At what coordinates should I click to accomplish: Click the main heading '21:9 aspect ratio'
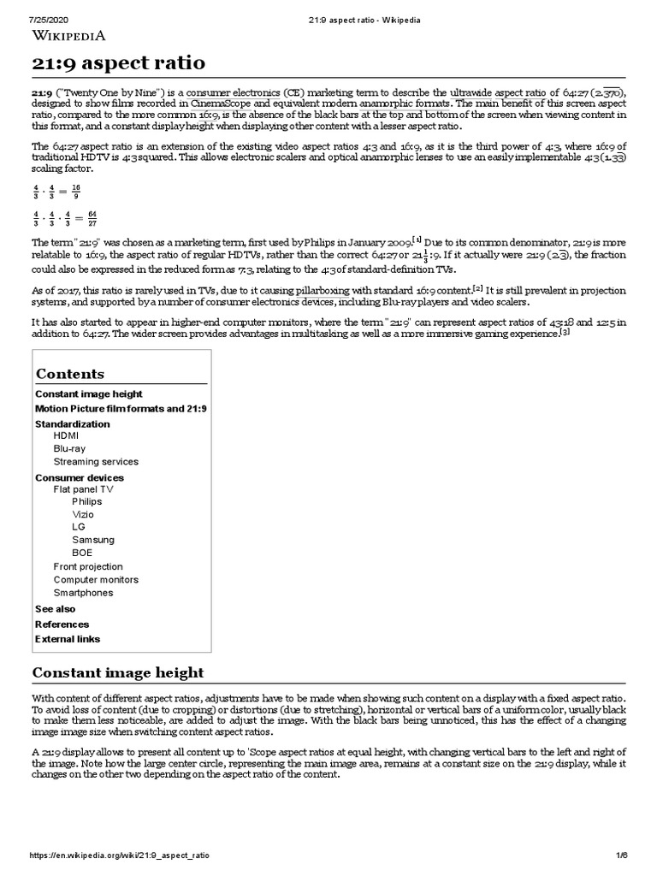[x=118, y=64]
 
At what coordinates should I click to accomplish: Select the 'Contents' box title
[x=69, y=374]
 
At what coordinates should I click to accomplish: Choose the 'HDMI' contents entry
[x=66, y=435]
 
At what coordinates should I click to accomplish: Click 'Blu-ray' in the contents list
[x=69, y=448]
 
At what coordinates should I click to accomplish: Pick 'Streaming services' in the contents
[x=95, y=461]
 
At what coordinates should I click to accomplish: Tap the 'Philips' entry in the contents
[x=86, y=501]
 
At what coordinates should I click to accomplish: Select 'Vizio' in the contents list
[x=83, y=514]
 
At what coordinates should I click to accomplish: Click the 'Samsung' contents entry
[x=92, y=540]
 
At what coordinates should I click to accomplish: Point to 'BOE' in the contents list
[x=82, y=553]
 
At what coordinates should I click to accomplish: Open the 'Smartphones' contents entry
[x=82, y=592]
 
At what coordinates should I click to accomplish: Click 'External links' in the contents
[x=67, y=639]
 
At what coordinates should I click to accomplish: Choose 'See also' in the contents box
[x=55, y=609]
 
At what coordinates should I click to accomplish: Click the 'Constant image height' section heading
[x=118, y=672]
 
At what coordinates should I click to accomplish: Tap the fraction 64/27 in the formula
[x=92, y=218]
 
